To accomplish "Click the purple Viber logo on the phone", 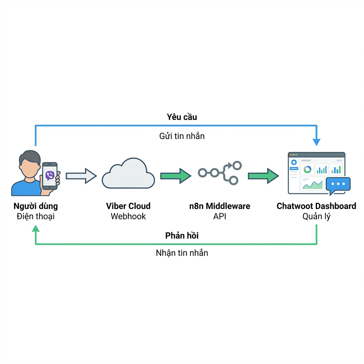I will tap(50, 176).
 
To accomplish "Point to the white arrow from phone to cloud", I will tap(81, 176).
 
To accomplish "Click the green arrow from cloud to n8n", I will tap(176, 176).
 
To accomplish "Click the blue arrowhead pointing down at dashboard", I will tap(317, 142).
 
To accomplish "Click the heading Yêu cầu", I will tap(182, 117).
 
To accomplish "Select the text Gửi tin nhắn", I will tap(182, 136).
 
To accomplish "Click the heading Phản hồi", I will tap(182, 236).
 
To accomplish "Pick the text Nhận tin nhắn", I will tap(182, 253).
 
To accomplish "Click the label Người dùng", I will tap(36, 206).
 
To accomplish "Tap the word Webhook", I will tap(128, 216).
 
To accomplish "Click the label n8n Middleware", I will tap(220, 206).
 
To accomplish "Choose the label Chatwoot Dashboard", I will tap(316, 206).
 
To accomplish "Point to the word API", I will tap(220, 216).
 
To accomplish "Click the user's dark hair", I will tap(30, 156).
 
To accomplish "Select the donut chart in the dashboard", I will tap(307, 170).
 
